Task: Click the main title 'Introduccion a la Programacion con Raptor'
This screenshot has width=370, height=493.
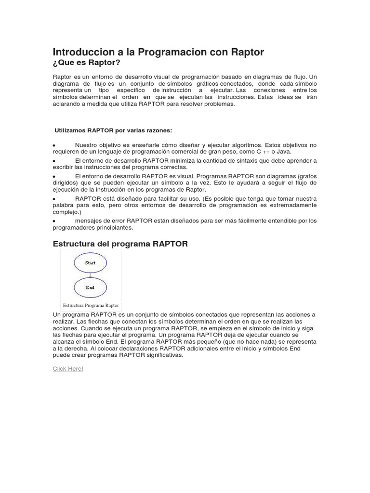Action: click(158, 52)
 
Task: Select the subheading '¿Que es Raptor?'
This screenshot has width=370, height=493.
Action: click(86, 63)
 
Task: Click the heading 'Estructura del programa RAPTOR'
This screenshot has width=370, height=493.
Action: click(120, 244)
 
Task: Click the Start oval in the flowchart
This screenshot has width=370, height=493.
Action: click(90, 263)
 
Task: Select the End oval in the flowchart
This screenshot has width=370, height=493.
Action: click(90, 287)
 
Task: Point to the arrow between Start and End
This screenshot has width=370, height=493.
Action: click(90, 275)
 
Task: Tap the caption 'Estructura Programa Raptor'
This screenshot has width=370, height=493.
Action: click(91, 305)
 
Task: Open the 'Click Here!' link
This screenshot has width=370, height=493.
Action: click(68, 368)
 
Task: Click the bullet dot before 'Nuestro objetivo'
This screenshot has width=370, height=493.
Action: click(54, 145)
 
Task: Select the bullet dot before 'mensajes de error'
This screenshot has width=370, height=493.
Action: click(54, 221)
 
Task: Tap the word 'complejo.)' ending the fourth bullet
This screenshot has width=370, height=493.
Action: click(67, 212)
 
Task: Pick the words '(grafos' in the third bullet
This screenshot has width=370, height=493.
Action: click(307, 176)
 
